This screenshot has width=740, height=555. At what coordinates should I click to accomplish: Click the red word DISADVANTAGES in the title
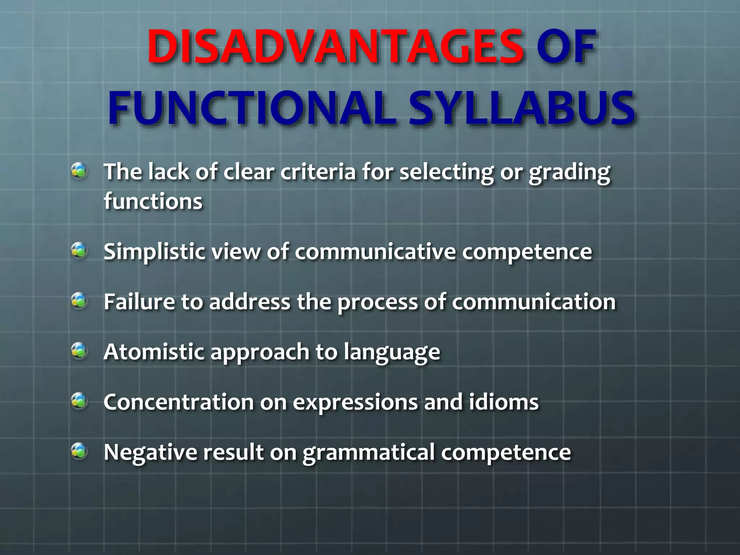(335, 47)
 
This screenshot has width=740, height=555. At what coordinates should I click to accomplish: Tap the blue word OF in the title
(566, 47)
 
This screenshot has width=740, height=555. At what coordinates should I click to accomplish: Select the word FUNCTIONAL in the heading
(252, 108)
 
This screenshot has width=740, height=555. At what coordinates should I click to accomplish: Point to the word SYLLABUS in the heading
(522, 108)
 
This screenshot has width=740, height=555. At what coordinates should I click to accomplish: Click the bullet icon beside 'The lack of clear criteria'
(79, 171)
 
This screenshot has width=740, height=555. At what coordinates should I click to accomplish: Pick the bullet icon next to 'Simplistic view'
(79, 251)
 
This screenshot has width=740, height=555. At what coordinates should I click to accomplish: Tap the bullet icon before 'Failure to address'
(79, 301)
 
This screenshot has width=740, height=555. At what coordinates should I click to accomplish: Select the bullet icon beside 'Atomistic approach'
(79, 351)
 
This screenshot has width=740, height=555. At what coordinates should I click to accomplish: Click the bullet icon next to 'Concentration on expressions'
(79, 401)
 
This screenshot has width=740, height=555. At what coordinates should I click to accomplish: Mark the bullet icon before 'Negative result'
(79, 451)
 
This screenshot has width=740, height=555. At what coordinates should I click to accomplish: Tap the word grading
(569, 173)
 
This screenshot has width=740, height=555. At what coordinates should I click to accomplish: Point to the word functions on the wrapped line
(153, 201)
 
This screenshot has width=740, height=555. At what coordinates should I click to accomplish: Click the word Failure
(139, 301)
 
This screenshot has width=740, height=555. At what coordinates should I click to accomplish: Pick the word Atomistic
(154, 352)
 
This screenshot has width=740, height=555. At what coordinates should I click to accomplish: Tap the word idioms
(504, 402)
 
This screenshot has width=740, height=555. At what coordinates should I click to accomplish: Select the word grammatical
(369, 452)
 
